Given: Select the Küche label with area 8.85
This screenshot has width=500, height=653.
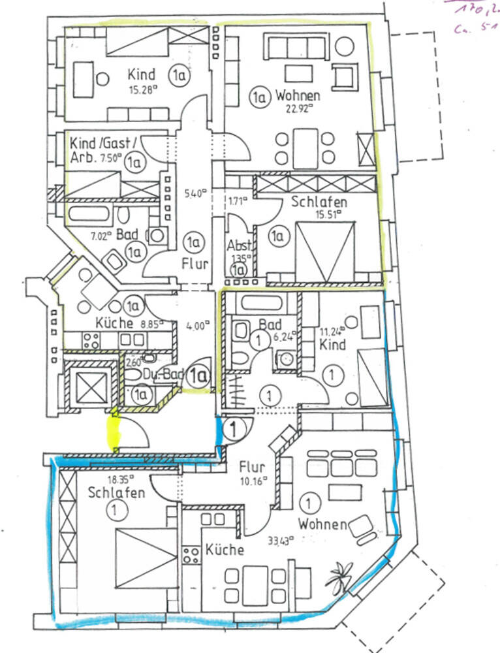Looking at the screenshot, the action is (x=115, y=322).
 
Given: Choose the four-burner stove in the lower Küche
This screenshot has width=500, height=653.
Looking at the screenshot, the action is (x=191, y=556).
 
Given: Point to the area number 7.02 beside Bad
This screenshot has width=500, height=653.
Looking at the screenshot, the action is (x=100, y=236).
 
